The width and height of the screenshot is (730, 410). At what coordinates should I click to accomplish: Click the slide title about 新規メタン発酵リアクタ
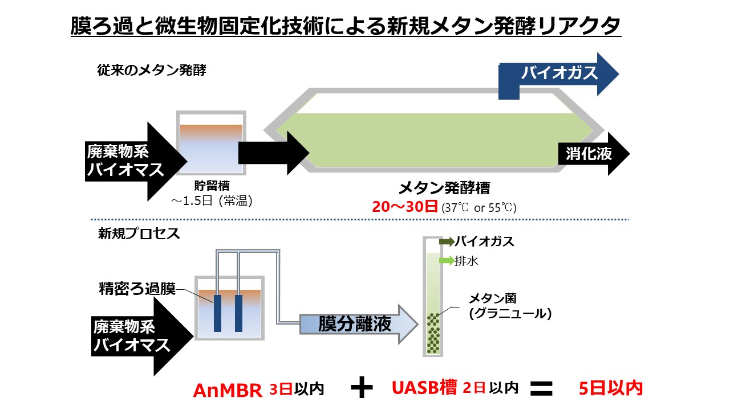tap(346, 26)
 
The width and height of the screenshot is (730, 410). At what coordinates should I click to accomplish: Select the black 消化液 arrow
tap(594, 154)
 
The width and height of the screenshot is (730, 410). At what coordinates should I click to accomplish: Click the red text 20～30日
tap(405, 207)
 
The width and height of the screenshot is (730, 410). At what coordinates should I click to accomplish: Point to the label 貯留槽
tap(212, 186)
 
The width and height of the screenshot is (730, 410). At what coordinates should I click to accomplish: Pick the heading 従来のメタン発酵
tap(152, 70)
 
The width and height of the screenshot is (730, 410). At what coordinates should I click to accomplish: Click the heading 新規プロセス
tap(139, 233)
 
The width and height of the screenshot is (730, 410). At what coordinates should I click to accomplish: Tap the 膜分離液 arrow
tap(359, 324)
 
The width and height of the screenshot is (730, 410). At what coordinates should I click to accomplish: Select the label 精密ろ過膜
tap(137, 289)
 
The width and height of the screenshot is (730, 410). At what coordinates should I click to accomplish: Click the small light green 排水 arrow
tap(447, 260)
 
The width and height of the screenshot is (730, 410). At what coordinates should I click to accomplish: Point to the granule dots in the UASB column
tap(433, 333)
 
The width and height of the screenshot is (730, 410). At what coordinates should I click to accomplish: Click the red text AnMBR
tap(228, 390)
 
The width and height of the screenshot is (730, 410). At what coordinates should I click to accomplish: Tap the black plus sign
tap(362, 388)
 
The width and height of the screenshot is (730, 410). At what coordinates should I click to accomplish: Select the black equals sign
tap(541, 388)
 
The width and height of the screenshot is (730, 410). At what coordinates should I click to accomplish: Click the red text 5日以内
tap(611, 388)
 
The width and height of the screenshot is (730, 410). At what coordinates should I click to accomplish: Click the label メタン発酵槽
tap(444, 188)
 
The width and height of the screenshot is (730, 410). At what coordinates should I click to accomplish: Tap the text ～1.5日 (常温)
tap(212, 201)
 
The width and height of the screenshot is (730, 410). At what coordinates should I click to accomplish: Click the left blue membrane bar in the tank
tap(218, 313)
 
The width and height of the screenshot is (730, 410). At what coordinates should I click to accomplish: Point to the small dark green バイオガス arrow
tap(447, 241)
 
